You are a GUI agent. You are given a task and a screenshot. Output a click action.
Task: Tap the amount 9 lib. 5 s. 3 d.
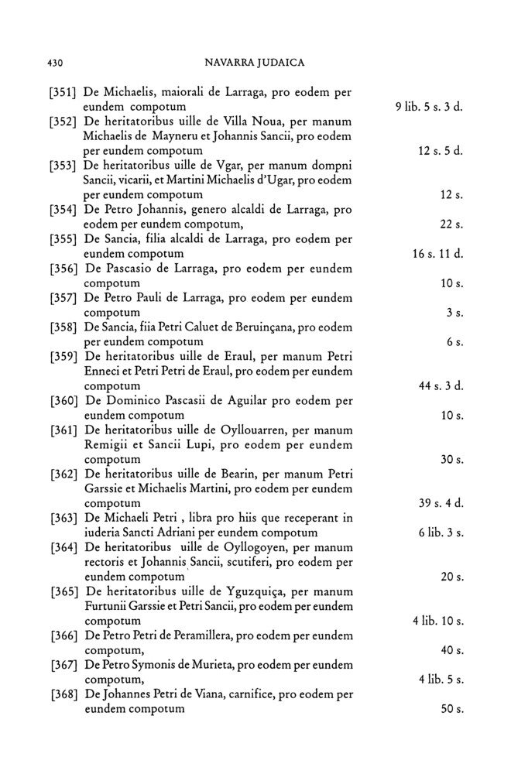[428, 106]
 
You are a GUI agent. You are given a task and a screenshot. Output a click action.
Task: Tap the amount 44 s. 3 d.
[441, 386]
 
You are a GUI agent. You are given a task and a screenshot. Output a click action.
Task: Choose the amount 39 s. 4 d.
[441, 504]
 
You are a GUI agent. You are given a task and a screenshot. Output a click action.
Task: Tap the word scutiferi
[253, 563]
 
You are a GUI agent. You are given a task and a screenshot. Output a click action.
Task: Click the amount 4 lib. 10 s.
[437, 622]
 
